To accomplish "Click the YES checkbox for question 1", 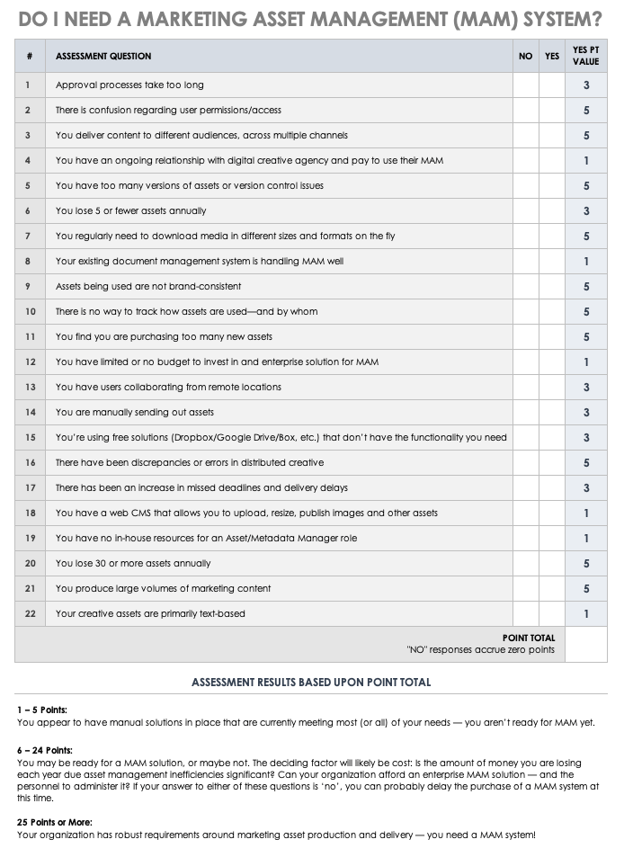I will [552, 85].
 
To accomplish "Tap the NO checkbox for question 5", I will [526, 186].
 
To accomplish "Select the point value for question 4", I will [586, 161].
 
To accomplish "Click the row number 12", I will [30, 362].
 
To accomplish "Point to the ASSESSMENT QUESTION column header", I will [103, 57].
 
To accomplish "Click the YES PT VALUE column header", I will [586, 56].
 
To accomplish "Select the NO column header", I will [526, 57].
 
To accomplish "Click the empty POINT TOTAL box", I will [586, 644].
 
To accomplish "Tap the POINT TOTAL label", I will [529, 638].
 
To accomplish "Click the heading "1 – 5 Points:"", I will [42, 710].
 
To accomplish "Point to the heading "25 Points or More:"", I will [54, 822].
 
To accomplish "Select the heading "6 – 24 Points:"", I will [45, 750].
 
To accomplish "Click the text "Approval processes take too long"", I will [129, 85].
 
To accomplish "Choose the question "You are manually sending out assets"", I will [135, 413].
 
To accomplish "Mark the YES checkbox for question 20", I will [552, 564].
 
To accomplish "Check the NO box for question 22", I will [526, 614].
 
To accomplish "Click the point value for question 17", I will [586, 488].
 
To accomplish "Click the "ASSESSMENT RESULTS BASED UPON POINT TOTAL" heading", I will [311, 683].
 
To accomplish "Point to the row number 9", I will [30, 287].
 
